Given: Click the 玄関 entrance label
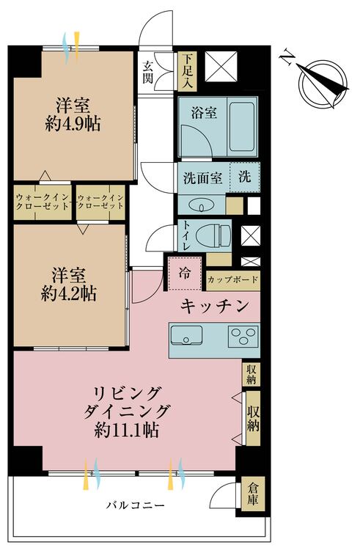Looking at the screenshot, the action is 148,73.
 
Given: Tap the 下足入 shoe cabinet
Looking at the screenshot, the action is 187,71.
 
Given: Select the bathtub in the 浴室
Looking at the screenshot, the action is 241,126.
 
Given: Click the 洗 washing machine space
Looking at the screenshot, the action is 245,177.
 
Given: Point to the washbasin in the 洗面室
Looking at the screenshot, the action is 202,205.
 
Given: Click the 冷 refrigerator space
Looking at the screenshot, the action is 185,274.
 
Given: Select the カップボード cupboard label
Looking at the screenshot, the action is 232,280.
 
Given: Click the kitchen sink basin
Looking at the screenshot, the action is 186,336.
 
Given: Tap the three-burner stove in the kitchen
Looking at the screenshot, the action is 243,336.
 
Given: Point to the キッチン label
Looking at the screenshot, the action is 214,306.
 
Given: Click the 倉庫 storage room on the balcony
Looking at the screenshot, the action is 252,494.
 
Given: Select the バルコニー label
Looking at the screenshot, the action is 136,505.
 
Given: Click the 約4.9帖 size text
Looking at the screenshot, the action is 73,123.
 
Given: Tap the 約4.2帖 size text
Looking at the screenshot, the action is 69,293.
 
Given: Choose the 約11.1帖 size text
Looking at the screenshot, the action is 127,429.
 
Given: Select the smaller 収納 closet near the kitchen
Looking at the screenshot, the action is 251,374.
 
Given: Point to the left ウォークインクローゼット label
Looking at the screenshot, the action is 42,202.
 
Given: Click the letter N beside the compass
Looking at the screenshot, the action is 287,58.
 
